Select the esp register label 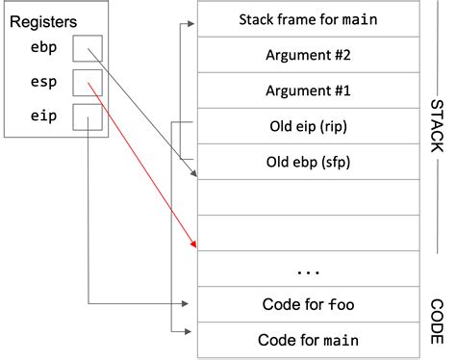pos(43,84)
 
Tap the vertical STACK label pos(436,126)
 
